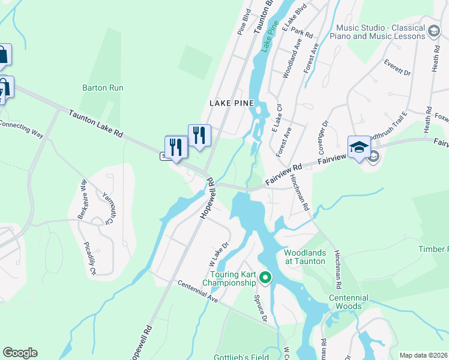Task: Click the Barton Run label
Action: tap(103, 88)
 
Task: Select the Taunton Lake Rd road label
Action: tap(95, 124)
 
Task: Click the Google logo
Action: tap(20, 353)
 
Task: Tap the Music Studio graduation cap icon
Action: tap(433, 31)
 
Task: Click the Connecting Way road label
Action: tap(21, 128)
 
